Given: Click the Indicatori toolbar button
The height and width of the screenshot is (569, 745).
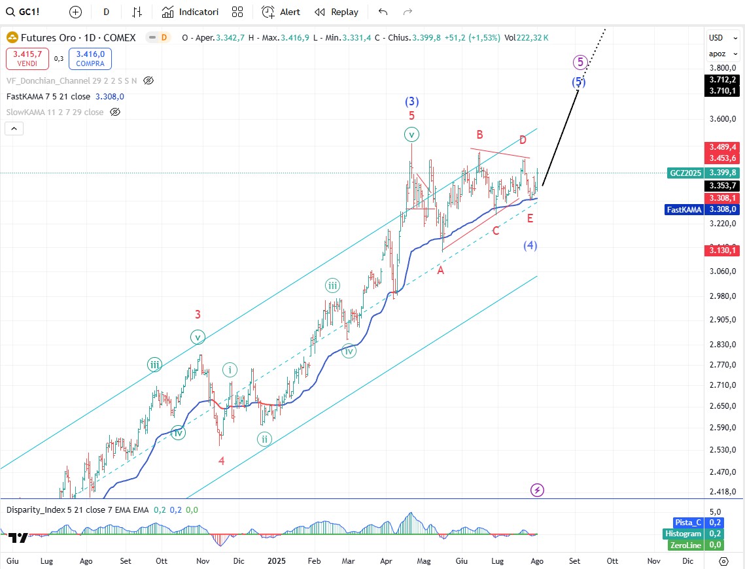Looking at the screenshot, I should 190,12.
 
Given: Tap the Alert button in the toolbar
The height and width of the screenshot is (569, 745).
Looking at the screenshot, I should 281,12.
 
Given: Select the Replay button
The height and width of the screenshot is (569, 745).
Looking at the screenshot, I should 336,12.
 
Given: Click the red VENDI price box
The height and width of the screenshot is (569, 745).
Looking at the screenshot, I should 27,58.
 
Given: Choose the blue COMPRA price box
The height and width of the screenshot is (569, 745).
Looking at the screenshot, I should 90,58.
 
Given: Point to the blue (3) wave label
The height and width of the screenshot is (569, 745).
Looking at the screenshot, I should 411,101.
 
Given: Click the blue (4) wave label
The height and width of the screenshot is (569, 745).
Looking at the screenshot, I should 530,245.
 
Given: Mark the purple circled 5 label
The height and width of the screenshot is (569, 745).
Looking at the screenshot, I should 580,62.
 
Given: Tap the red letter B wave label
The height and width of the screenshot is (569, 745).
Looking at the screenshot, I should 479,135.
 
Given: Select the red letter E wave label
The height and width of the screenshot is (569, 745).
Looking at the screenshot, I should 530,217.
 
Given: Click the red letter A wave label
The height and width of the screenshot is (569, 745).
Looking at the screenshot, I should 441,270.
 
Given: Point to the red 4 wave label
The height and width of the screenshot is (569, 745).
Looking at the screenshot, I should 222,460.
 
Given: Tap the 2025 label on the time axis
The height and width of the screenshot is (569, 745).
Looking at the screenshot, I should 277,561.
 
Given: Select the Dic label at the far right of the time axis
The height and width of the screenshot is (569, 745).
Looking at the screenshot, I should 688,561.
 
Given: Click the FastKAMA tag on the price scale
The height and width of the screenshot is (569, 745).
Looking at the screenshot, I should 684,209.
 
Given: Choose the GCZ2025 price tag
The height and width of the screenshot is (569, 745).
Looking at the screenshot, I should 685,173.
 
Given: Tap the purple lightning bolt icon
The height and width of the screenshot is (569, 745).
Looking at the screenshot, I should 537,490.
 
